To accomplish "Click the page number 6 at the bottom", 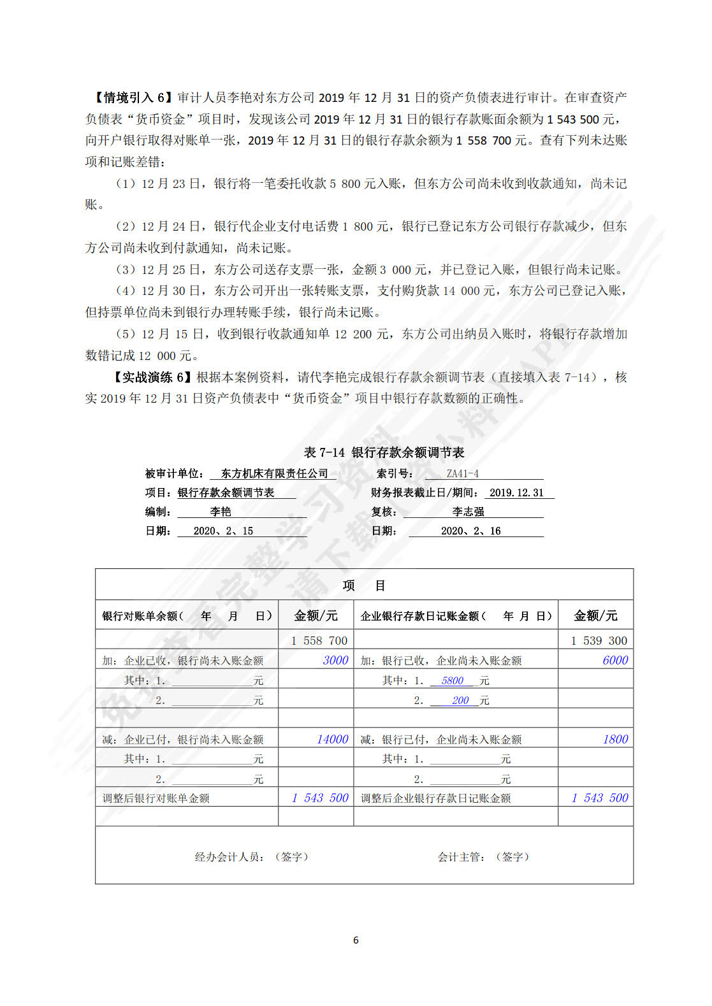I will coord(356,940).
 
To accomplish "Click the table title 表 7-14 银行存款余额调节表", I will coord(384,452).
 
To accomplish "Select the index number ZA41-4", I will coord(462,473).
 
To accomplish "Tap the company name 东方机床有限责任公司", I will coord(274,473).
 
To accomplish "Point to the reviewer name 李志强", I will coord(468,512).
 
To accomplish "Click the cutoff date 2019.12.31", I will coord(516,492).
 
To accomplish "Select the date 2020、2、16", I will coord(470,531).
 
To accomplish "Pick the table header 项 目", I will coord(364,585).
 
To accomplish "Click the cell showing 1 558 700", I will coord(319,640).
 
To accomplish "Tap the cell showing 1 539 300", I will coord(599,640).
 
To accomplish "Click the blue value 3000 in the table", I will coord(335,660).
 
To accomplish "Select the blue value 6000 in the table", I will coord(615,660).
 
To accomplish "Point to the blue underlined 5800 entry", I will coord(452,680).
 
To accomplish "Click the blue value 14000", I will coord(332,739).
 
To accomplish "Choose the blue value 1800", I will coord(615,739).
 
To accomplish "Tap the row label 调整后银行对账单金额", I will coord(156,798).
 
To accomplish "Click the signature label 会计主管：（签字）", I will coord(483,857).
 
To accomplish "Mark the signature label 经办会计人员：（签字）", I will coord(252,857).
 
